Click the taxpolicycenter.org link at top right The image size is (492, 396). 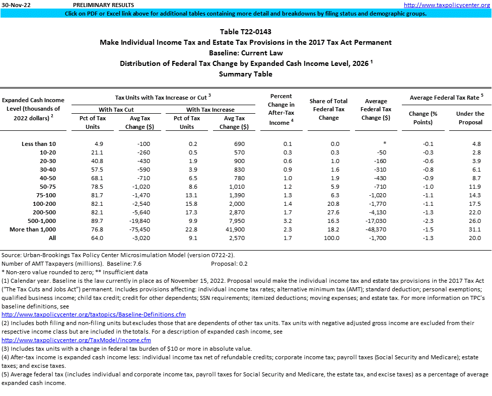pos(447,5)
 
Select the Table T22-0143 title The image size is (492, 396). pos(246,32)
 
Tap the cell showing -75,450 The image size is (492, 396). pos(135,229)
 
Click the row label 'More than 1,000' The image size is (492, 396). pos(33,229)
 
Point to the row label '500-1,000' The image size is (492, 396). pos(40,221)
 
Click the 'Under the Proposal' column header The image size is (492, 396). pos(470,118)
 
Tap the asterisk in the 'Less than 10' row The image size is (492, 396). pos(384,144)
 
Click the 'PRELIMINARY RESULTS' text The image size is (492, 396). pos(101,5)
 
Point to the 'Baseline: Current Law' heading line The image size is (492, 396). pos(246,53)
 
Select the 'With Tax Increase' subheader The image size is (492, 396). pos(210,109)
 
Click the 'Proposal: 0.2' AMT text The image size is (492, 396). pos(229,263)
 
